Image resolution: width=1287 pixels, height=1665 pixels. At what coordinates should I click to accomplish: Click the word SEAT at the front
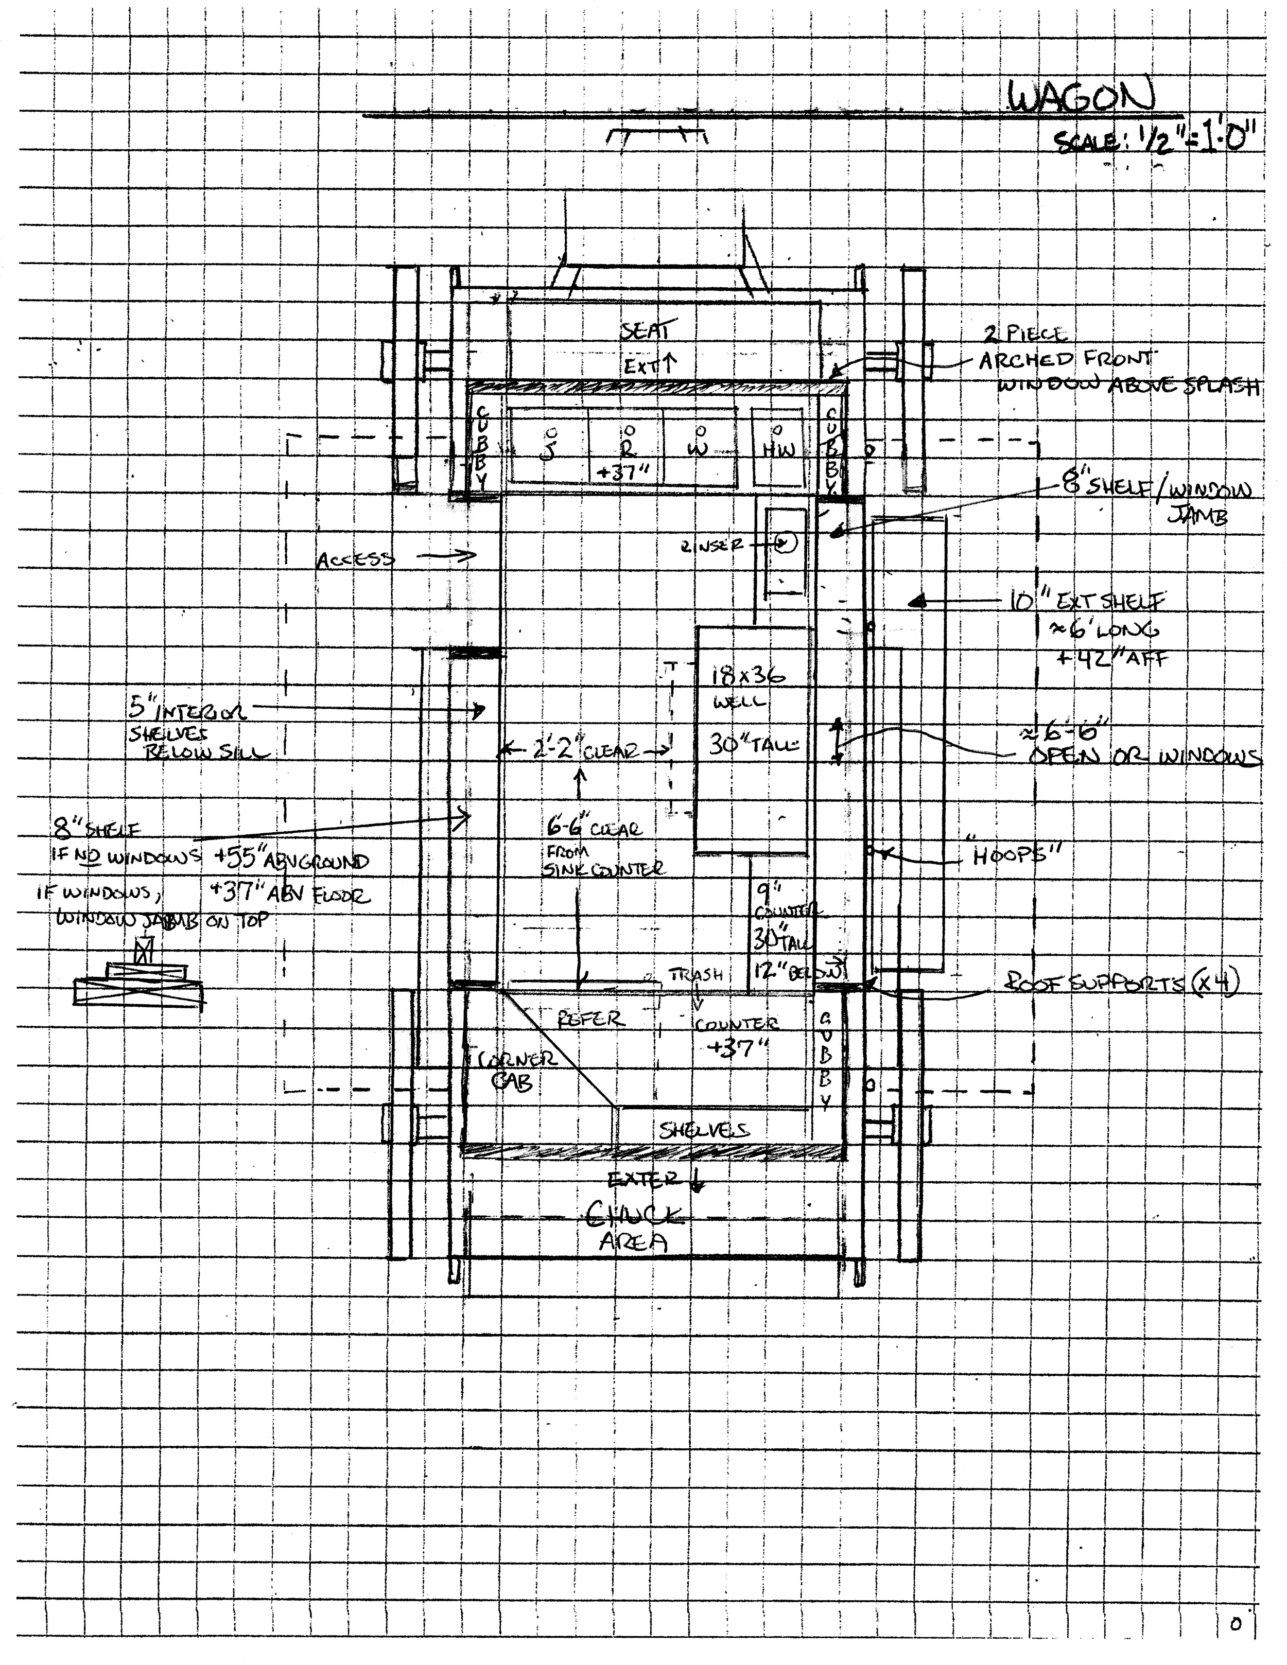tap(645, 331)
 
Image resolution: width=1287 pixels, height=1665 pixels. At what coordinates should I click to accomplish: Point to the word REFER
tap(591, 1019)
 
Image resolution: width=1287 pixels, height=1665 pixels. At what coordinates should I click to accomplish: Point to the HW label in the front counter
tap(778, 450)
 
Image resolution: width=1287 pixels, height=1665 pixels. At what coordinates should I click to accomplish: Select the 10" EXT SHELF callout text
tap(1086, 602)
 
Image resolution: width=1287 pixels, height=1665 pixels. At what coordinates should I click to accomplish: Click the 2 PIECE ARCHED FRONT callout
tap(1067, 358)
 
